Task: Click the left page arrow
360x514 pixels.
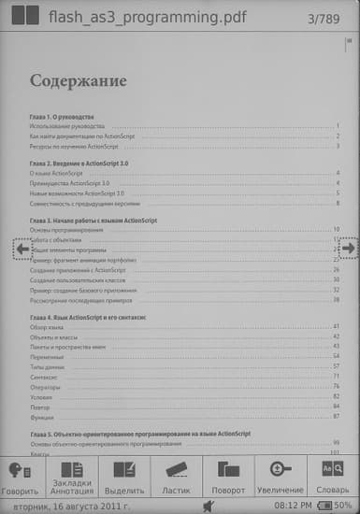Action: point(22,249)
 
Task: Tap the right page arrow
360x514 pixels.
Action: point(348,249)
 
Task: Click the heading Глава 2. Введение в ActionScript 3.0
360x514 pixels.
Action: point(88,163)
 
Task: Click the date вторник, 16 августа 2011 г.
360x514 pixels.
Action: point(65,505)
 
